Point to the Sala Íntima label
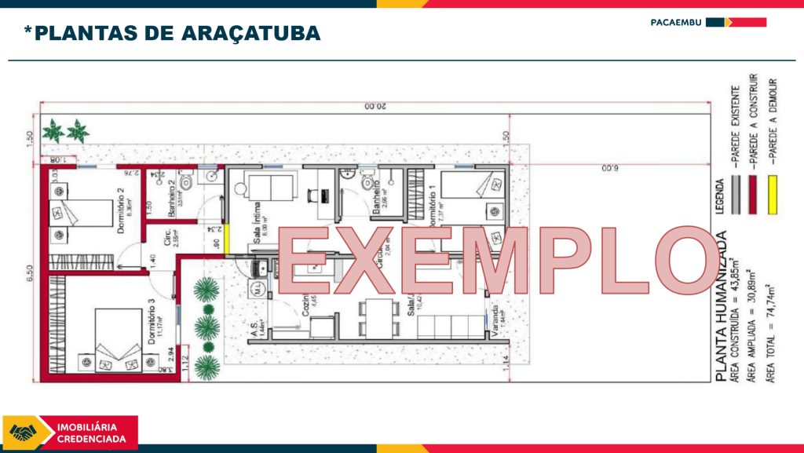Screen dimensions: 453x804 (257, 230)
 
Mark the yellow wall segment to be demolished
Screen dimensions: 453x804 (226, 239)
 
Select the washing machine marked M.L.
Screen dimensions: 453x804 (257, 289)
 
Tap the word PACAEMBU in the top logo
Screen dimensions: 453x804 (676, 22)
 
